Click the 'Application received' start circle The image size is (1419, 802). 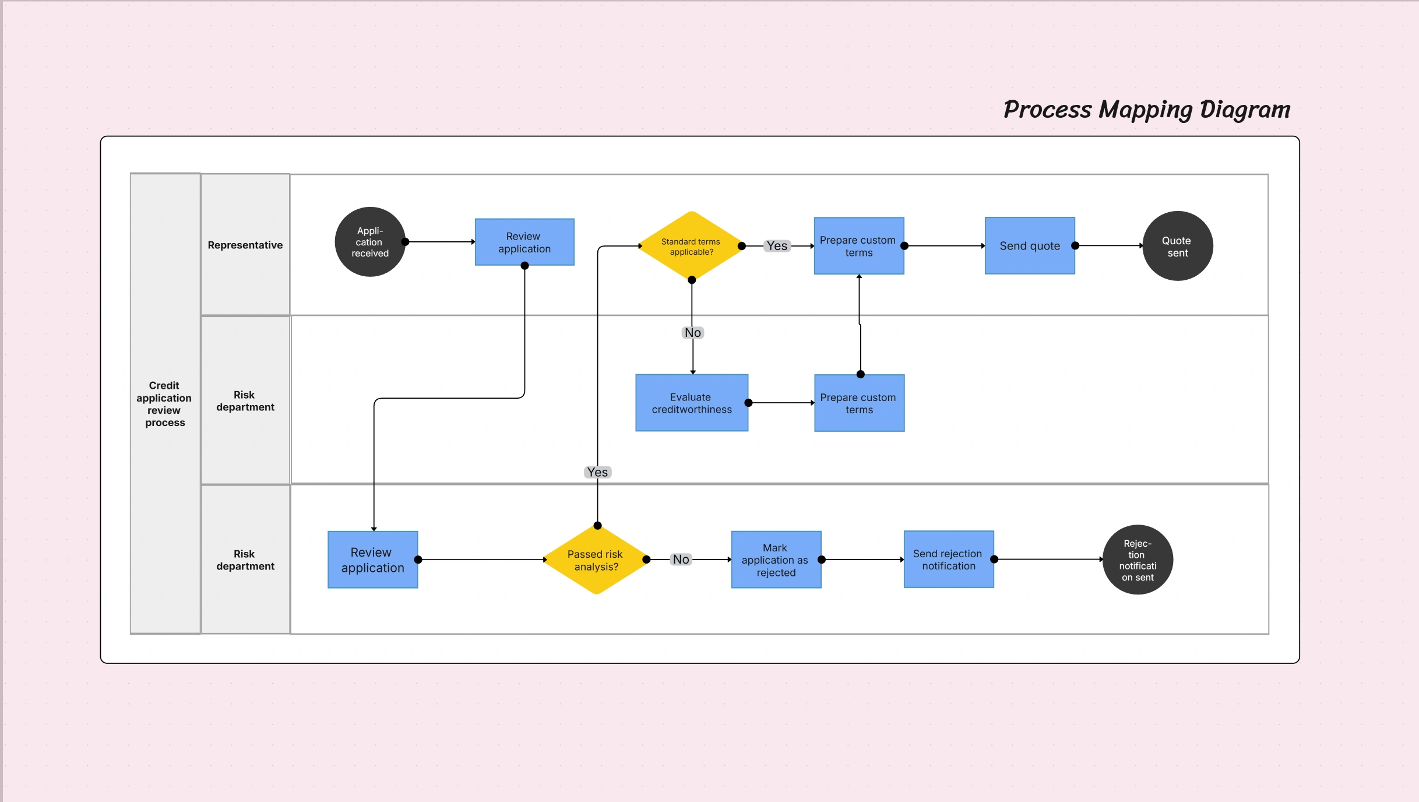point(369,242)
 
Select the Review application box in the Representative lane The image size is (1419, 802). point(524,242)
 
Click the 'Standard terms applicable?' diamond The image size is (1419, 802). point(691,246)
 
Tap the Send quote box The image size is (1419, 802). point(1030,246)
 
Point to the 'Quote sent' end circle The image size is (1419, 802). point(1177,246)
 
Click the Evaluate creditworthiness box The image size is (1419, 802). point(692,403)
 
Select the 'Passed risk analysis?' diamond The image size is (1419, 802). point(596,560)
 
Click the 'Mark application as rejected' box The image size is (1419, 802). point(776,560)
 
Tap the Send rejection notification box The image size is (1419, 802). point(948,560)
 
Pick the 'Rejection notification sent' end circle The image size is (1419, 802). point(1138,560)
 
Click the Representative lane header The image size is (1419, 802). point(245,245)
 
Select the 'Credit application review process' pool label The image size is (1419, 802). point(165,403)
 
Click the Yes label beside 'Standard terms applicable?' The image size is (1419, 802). point(777,246)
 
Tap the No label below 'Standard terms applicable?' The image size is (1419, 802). point(693,333)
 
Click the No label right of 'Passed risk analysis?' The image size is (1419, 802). point(681,560)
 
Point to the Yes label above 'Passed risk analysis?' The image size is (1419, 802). point(597,472)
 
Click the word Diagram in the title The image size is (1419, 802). point(1245,110)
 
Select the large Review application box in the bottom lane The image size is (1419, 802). point(373,560)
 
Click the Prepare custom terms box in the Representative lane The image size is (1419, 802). point(858,246)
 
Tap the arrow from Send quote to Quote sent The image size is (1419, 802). point(1110,246)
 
